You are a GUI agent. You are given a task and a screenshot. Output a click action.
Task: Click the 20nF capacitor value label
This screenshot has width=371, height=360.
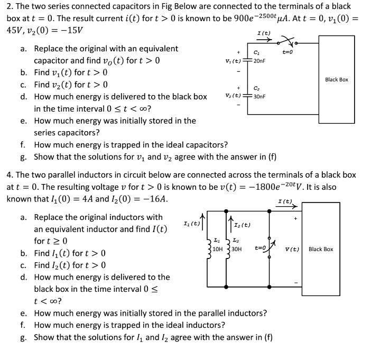(x=259, y=61)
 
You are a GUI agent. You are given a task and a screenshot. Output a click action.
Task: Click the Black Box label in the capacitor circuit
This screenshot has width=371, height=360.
(x=337, y=79)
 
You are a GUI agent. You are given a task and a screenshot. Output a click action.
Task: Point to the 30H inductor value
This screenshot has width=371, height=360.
(x=236, y=249)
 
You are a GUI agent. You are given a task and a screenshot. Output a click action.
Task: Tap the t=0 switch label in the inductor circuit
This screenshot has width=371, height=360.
(x=261, y=247)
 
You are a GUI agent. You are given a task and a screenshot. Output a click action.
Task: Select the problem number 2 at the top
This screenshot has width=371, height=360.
(x=8, y=6)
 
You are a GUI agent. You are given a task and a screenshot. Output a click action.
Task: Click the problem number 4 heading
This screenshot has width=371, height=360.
(x=8, y=174)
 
